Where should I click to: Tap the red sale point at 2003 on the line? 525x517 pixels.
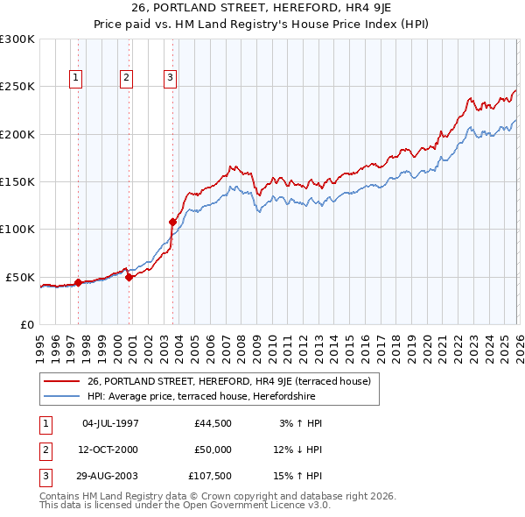click(x=172, y=223)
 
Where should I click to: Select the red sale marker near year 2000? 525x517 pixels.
click(x=129, y=277)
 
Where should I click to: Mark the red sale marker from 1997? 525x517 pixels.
click(x=78, y=282)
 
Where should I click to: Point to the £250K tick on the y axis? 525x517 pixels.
click(x=17, y=87)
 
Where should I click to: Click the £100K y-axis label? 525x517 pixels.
click(x=17, y=229)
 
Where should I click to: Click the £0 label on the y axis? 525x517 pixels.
click(x=26, y=324)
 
